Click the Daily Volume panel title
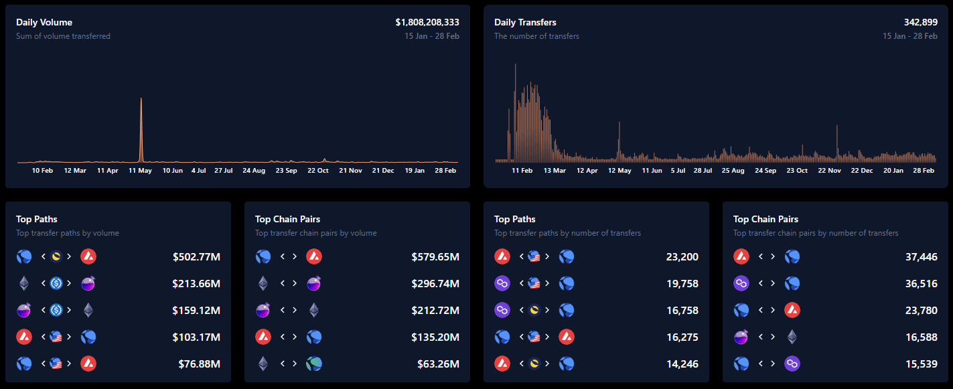tap(44, 22)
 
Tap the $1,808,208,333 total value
tap(427, 22)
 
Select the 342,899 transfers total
tap(920, 22)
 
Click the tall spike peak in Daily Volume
tap(141, 99)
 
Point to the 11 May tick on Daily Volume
tap(141, 170)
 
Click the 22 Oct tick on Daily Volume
tap(317, 170)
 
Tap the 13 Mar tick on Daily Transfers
tap(555, 170)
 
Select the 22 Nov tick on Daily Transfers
tap(829, 170)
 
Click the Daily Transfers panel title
tap(525, 22)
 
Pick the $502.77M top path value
tap(196, 256)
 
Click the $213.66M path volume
tap(196, 283)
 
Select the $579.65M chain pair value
tap(435, 256)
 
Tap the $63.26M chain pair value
tap(438, 364)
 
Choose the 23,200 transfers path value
tap(682, 256)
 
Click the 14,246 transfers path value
tap(682, 364)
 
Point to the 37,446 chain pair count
tap(921, 256)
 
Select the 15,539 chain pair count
tap(921, 364)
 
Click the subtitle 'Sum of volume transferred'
tap(63, 36)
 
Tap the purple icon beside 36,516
tap(741, 283)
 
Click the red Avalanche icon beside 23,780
tap(792, 310)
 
